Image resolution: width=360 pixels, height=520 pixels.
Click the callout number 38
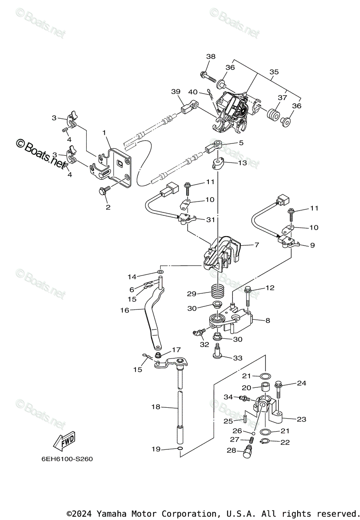pos(211,57)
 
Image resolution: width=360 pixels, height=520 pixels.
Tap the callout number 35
pos(274,72)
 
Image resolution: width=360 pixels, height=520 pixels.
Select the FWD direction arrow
pos(64,441)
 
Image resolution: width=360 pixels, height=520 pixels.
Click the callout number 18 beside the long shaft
pos(156,407)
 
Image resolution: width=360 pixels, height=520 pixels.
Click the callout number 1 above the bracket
pos(104,132)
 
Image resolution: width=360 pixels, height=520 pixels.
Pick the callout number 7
pos(256,245)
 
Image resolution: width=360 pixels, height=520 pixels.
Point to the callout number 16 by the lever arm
pos(125,310)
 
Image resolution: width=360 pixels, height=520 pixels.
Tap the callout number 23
pos(301,419)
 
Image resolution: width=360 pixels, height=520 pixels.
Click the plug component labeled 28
pos(248,451)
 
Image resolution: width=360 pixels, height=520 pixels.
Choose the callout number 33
pos(237,358)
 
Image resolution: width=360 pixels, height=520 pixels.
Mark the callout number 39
pos(175,91)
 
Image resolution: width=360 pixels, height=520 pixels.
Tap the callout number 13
pos(242,162)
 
